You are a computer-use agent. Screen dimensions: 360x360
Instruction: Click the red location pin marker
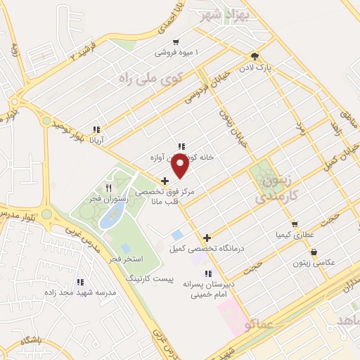[181, 165]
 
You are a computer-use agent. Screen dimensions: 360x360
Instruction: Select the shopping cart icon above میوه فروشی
[175, 41]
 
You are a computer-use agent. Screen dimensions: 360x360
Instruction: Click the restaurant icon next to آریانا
[96, 129]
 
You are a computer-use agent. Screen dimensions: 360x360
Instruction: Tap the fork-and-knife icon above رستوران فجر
[108, 188]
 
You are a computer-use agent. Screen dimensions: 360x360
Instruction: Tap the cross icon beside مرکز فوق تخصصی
[165, 181]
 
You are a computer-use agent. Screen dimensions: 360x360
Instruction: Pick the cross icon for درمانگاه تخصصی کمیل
[207, 238]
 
